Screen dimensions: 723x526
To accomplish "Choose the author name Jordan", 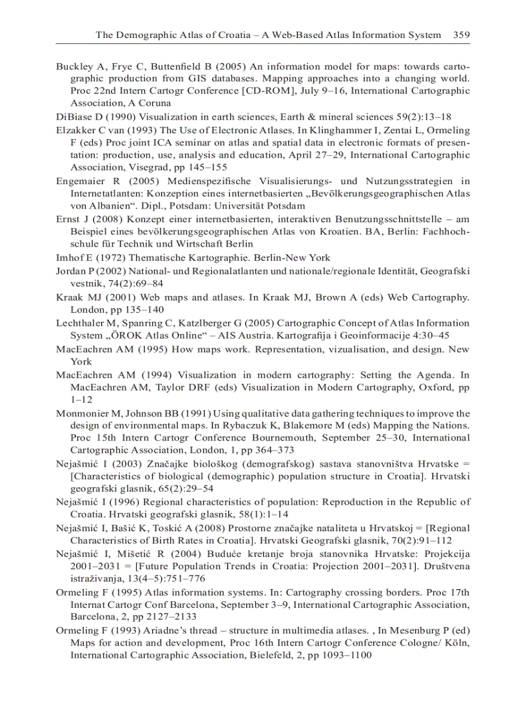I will [x=72, y=272].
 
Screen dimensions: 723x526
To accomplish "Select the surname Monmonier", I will [x=86, y=413].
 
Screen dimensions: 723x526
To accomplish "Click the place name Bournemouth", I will [x=292, y=438].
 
